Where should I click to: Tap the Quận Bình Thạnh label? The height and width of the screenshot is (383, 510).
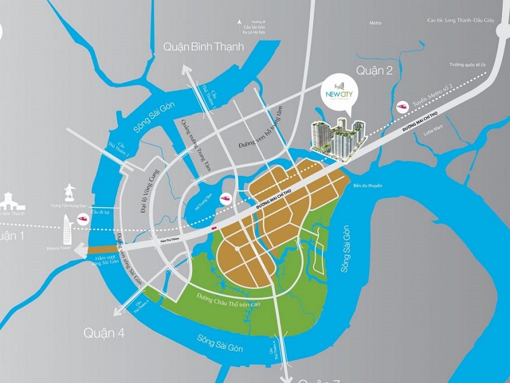point(203,47)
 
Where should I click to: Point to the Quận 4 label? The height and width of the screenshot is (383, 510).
point(104,333)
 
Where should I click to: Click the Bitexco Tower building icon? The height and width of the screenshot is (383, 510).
point(67,228)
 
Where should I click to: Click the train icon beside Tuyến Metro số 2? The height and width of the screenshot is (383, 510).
point(403,106)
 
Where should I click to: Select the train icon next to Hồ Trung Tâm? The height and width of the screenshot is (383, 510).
point(226,199)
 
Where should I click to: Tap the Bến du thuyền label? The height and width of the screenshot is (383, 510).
point(368,186)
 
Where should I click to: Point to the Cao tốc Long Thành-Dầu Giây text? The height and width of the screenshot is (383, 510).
point(461,20)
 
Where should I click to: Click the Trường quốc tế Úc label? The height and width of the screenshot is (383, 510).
point(468,65)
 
